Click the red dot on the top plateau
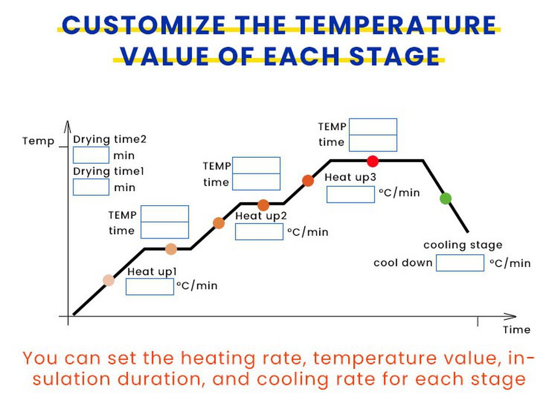coord(373,161)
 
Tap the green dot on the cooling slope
coord(445,198)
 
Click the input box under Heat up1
coord(150,287)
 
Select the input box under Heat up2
coord(259,231)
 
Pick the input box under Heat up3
coord(350,195)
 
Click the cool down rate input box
coord(460,263)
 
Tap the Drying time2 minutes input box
coord(91,155)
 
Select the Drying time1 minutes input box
coord(91,187)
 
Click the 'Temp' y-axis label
coord(39,141)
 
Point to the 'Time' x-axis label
coord(516,329)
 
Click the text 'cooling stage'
coord(463,245)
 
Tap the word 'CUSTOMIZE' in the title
coord(144,26)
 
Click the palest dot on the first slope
coord(109,280)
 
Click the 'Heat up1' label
coord(152,272)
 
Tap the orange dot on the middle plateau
coord(263,205)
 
